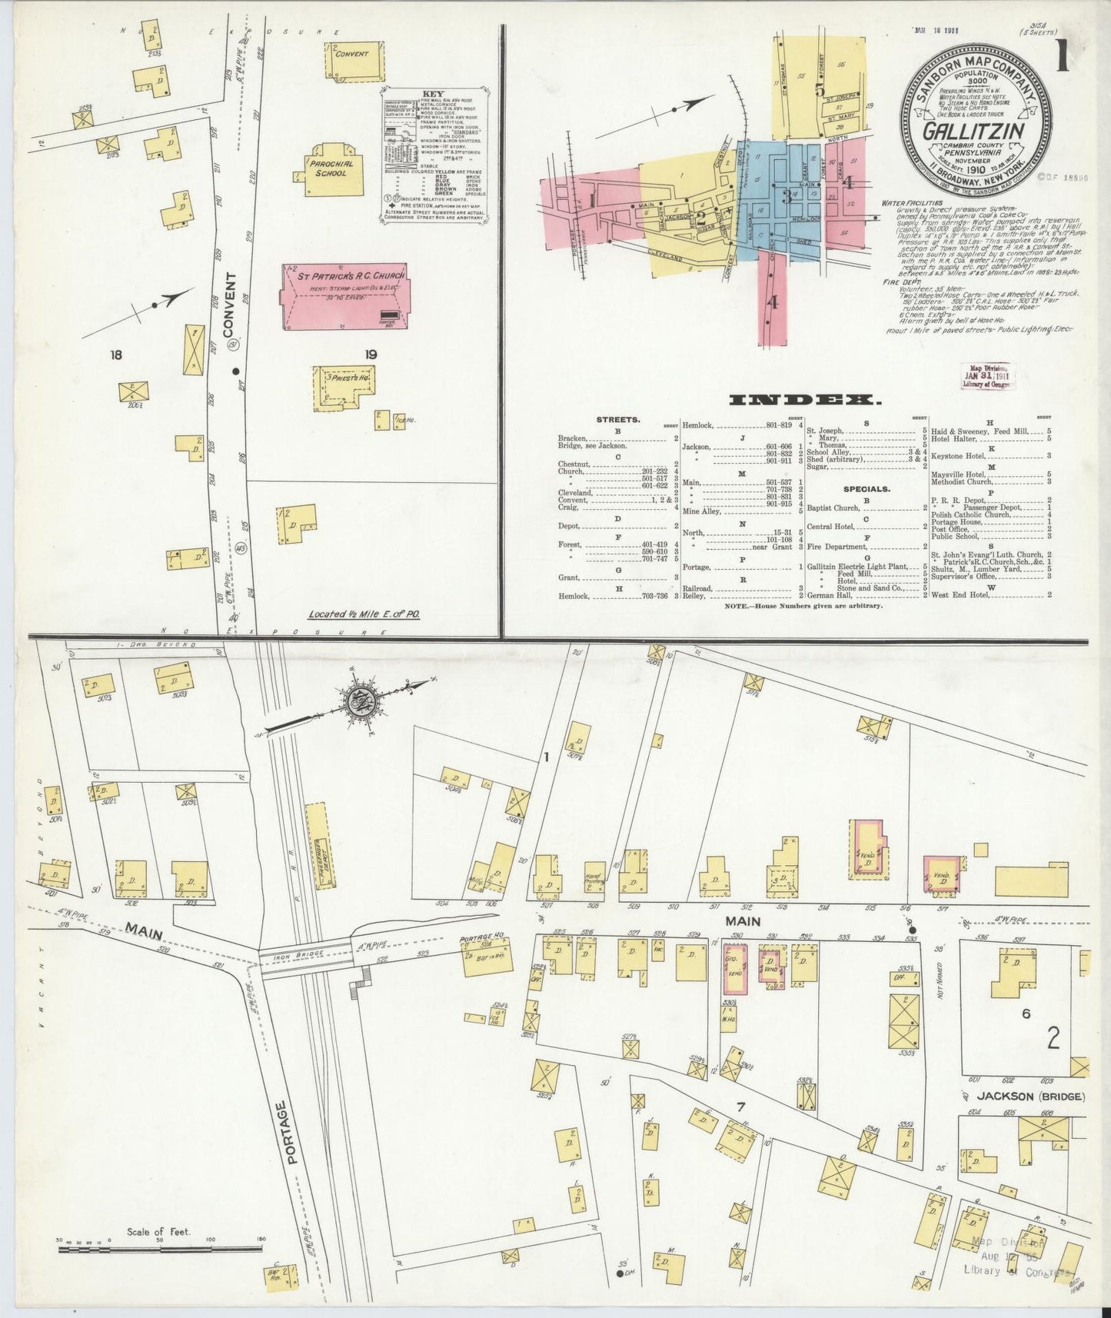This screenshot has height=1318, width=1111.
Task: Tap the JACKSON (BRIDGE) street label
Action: click(x=1020, y=1097)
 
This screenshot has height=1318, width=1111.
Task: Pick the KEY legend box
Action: click(x=433, y=156)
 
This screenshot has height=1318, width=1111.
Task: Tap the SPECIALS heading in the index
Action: click(x=866, y=488)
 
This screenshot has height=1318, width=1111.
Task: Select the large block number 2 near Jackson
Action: click(x=1053, y=1039)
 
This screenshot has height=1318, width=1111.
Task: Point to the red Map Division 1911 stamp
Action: click(x=989, y=378)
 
